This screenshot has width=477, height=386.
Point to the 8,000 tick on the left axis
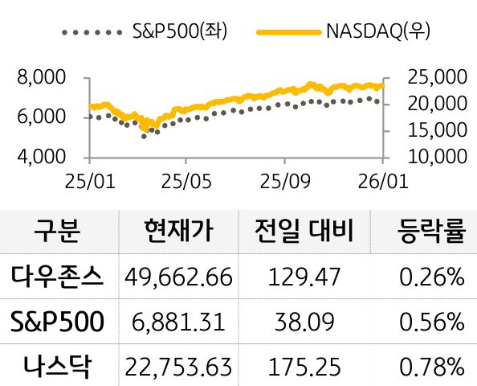pos(40,78)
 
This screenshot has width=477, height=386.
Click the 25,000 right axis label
pos(437,78)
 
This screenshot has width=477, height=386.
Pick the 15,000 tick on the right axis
pos(437,129)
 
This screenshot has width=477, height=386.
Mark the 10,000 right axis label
pos(437,155)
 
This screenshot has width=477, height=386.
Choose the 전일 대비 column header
pos(302,232)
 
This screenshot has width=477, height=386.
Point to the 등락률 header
pos(431,232)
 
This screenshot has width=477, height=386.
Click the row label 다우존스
pos(58,277)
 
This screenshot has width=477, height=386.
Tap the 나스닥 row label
pos(58,367)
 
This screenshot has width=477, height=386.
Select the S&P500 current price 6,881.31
pos(179,322)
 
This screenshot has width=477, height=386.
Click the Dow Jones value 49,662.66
pos(179,278)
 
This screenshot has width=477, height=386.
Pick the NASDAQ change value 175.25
pos(302,368)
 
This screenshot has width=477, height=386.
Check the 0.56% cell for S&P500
pos(432,322)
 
